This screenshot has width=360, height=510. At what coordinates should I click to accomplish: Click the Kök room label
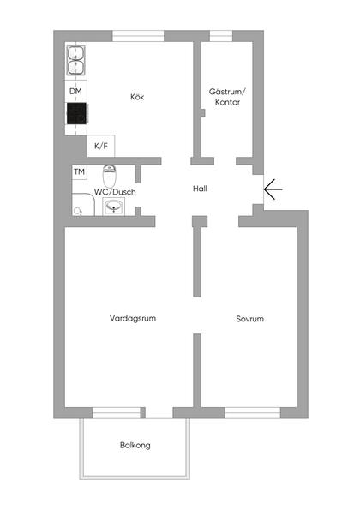tap(137, 97)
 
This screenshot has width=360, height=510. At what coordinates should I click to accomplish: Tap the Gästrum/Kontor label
tap(227, 96)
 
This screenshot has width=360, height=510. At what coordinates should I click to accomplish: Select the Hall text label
tap(200, 189)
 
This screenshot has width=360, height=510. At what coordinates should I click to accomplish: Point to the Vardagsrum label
tap(133, 318)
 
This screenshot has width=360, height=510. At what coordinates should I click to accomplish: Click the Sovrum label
tap(249, 319)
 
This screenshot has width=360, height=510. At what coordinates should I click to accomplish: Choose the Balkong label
tap(135, 446)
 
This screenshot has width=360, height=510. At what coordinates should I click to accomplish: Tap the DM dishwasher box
tap(75, 91)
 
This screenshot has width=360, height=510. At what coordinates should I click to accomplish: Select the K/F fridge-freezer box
tap(101, 146)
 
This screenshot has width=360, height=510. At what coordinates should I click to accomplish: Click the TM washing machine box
tap(79, 172)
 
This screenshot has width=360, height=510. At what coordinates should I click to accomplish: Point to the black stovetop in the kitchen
tap(76, 116)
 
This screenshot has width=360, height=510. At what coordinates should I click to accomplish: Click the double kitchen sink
tap(75, 62)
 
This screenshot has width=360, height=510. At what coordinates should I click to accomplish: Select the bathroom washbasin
tap(114, 207)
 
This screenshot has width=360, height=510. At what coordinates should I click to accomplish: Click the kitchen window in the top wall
tap(137, 35)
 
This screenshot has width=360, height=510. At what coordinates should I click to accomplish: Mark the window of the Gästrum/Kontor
tap(221, 35)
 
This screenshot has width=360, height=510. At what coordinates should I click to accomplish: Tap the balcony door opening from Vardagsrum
tap(159, 413)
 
